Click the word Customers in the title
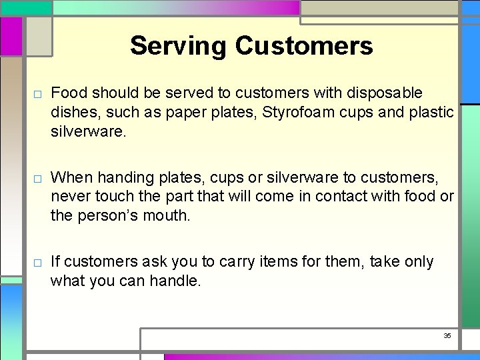tap(304, 46)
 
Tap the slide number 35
tap(447, 335)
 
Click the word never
tap(71, 197)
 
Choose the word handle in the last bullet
tap(178, 281)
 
